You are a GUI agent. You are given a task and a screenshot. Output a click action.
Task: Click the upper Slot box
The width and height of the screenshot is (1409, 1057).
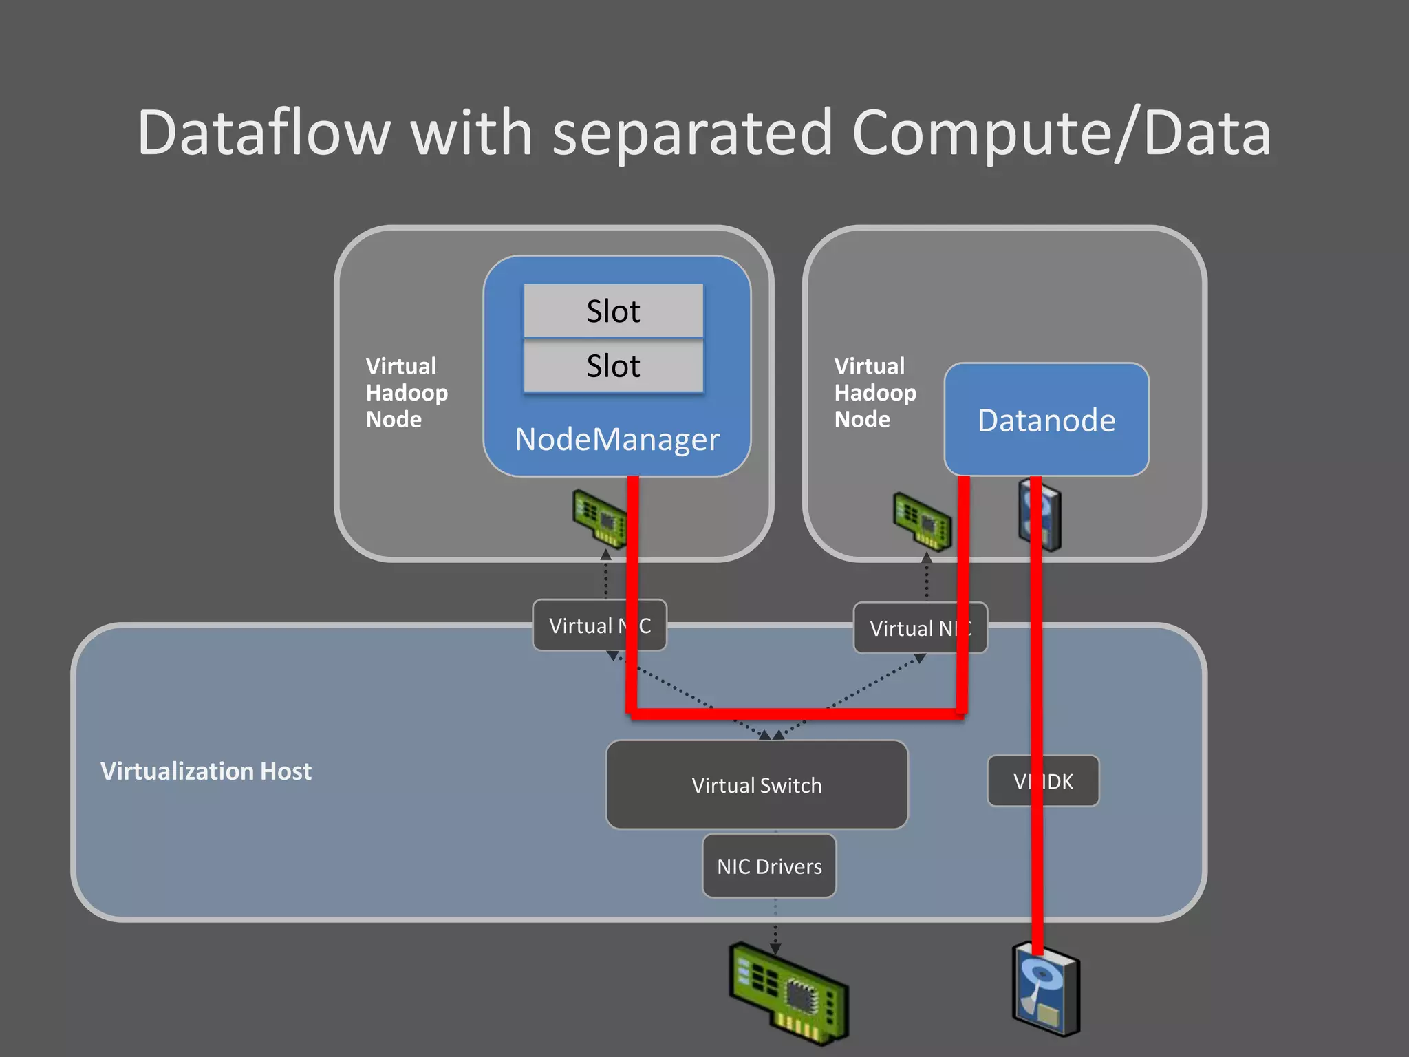613,311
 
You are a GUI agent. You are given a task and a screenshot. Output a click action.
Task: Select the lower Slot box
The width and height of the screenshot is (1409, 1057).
613,366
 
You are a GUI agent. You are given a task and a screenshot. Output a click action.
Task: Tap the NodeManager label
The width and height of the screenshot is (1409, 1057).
617,440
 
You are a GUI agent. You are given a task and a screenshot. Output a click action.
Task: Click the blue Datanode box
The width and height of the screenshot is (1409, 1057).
1046,420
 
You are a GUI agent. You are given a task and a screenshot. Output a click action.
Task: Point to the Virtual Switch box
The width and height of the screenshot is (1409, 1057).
756,785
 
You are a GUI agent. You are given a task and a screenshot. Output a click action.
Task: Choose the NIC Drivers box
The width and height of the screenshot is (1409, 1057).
769,866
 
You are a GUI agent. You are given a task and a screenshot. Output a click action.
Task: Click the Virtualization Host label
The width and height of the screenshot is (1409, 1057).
206,771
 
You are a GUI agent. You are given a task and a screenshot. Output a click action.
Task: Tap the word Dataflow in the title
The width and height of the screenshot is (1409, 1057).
264,133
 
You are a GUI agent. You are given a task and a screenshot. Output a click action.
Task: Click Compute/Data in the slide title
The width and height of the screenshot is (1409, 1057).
1060,133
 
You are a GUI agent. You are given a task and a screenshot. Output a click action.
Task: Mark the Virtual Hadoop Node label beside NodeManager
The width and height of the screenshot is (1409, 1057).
406,393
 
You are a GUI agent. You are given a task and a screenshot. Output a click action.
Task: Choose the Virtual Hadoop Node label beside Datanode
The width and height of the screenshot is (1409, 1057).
874,393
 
